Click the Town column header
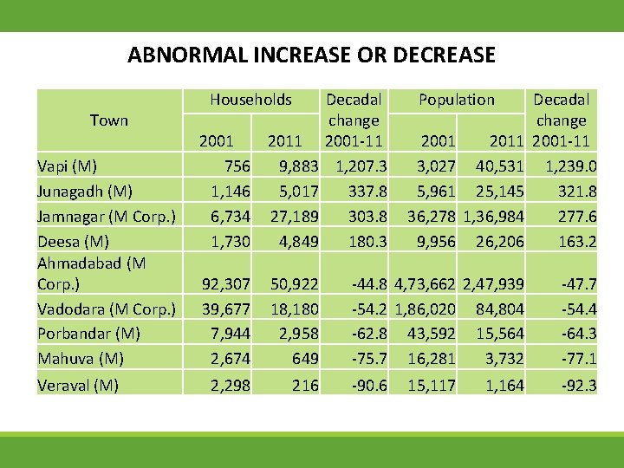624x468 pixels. tap(108, 120)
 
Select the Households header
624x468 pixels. tap(250, 100)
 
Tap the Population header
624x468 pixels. tap(456, 100)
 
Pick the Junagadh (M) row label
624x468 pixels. tap(79, 191)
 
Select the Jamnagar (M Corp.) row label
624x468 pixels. tap(107, 216)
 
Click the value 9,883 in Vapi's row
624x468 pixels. tap(295, 166)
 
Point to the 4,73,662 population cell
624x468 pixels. tap(425, 283)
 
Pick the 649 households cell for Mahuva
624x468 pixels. tap(304, 359)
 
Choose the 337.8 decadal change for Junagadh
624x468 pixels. tap(365, 191)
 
